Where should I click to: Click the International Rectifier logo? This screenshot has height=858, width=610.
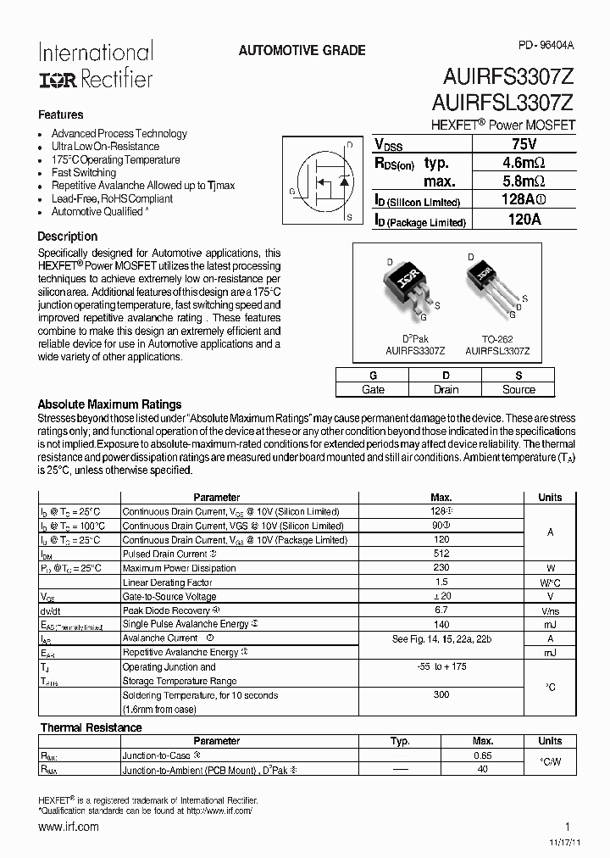pos(95,65)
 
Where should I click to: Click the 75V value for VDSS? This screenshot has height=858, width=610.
pos(524,144)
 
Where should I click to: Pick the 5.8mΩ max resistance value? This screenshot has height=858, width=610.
pos(524,181)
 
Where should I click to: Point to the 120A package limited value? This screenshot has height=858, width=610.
pos(524,220)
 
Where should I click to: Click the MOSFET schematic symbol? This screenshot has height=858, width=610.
pos(326,181)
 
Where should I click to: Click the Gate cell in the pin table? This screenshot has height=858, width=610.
pos(373,389)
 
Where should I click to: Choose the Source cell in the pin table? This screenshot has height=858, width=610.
pos(518,389)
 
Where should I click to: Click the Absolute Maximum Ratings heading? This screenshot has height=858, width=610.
pos(110,404)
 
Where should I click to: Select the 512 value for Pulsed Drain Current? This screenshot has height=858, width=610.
pos(441,554)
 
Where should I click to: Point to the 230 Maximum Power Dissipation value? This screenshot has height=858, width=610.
pos(441,568)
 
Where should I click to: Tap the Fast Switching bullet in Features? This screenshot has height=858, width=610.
pos(84,173)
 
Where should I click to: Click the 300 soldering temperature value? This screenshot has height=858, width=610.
pos(441,694)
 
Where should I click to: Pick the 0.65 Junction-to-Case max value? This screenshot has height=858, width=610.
pos(483,755)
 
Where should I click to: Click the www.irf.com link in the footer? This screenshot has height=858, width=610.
pos(69,827)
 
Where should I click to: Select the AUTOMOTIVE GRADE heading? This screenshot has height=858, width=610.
pos(302,51)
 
